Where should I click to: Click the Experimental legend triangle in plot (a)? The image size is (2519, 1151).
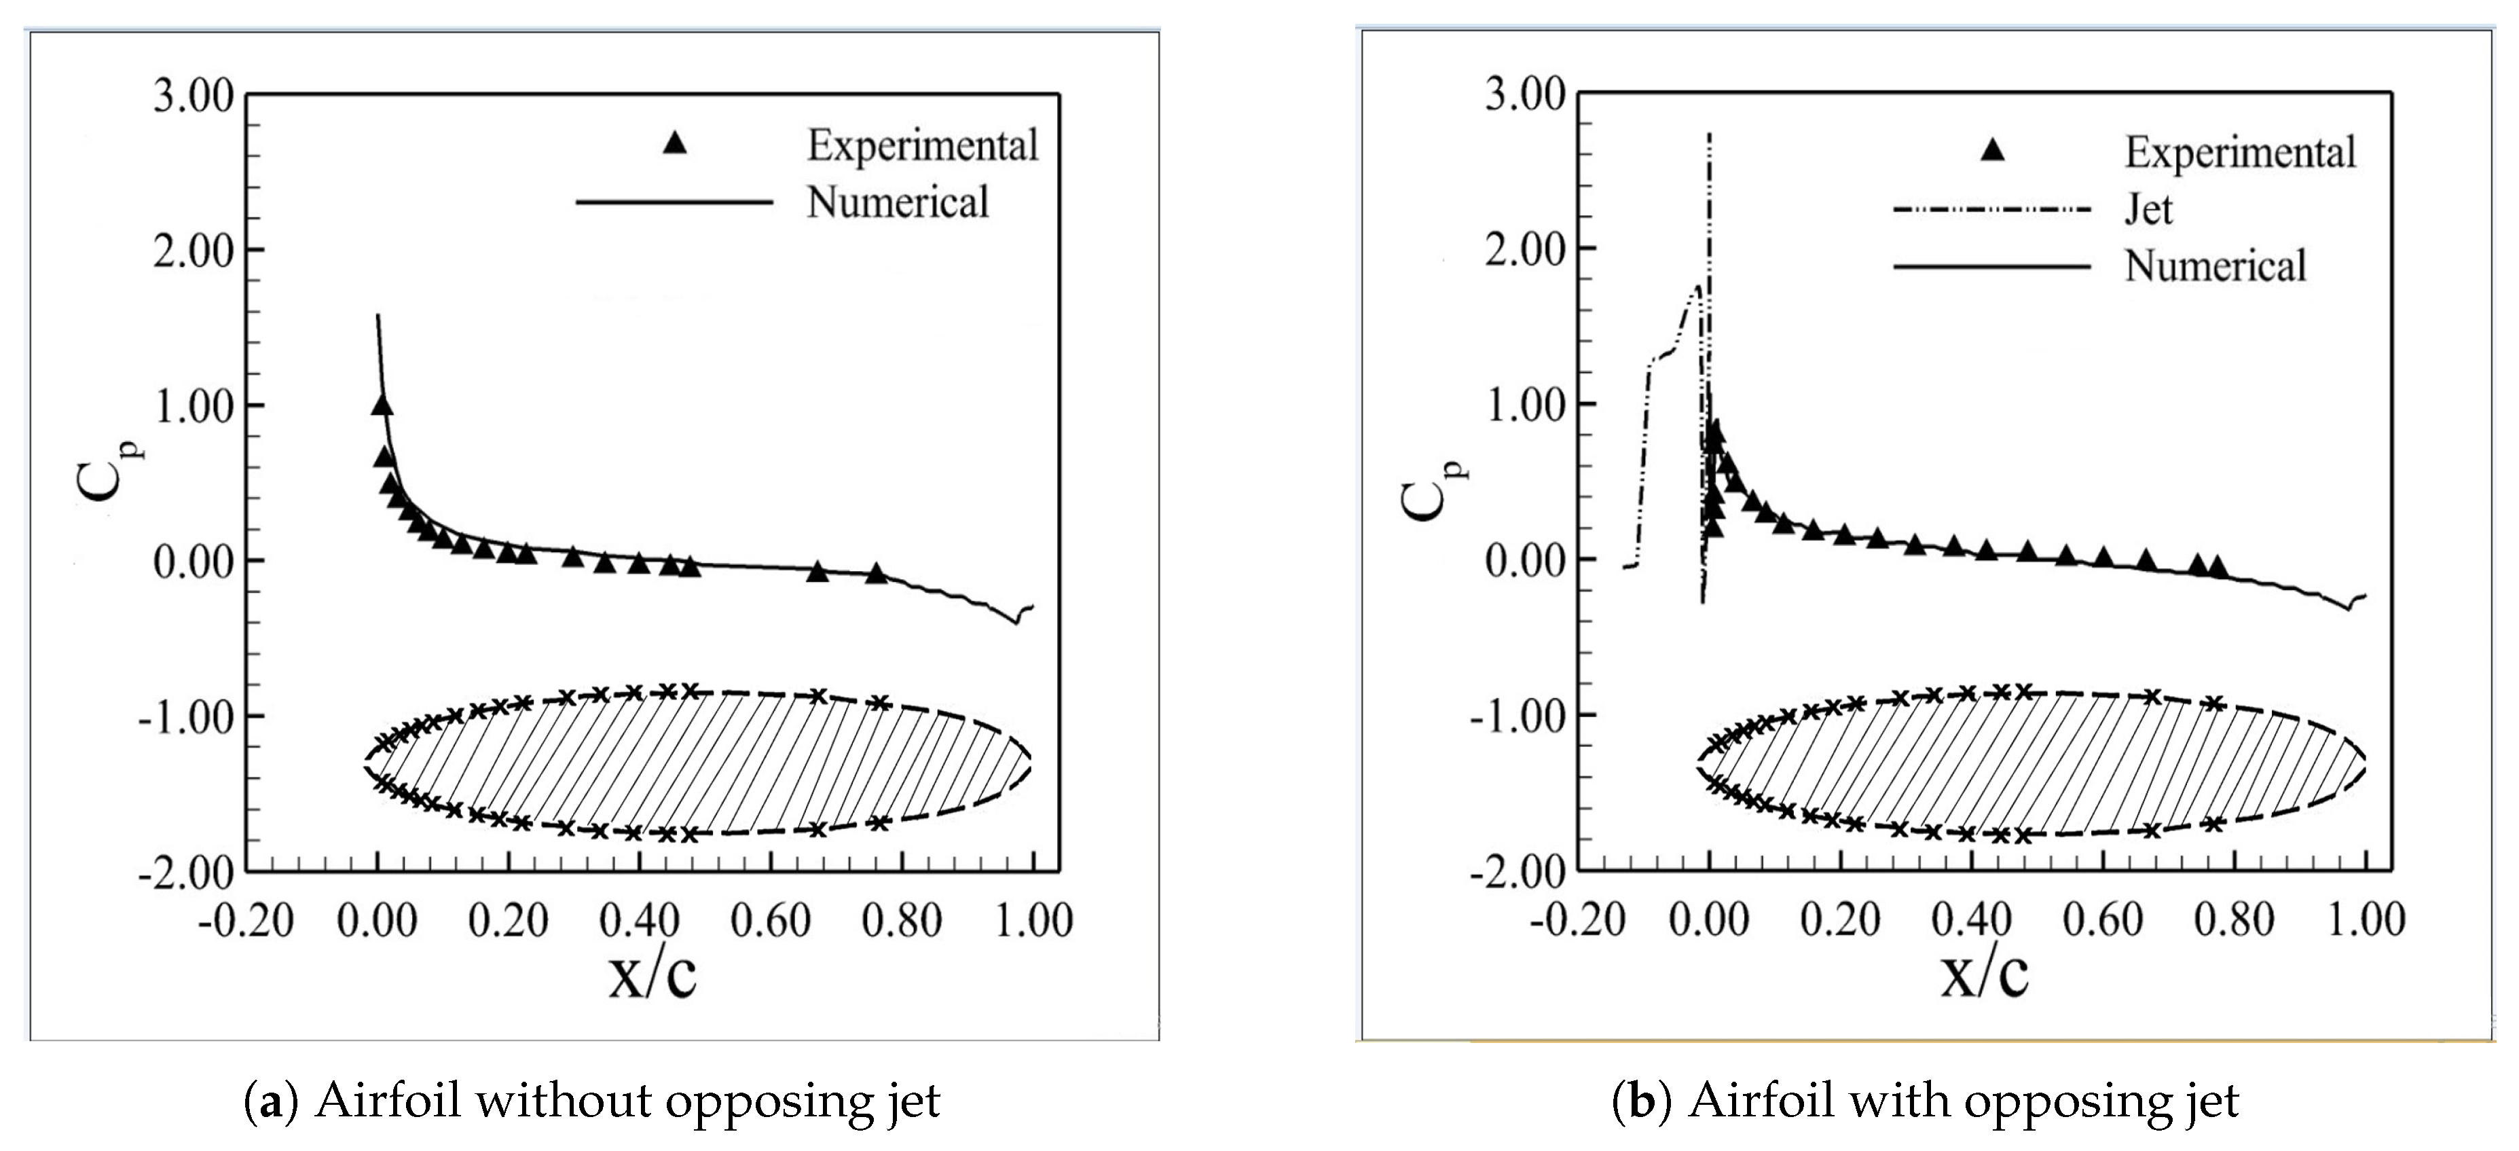tap(675, 144)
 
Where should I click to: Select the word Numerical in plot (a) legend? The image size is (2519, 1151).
tap(897, 202)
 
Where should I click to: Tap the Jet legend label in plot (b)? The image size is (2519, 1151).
tap(2148, 209)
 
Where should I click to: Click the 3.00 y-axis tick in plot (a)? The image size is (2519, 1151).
tap(193, 97)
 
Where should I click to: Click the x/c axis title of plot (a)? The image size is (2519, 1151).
tap(652, 975)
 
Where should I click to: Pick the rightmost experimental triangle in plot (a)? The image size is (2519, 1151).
tap(876, 573)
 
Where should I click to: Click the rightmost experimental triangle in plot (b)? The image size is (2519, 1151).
tap(2217, 566)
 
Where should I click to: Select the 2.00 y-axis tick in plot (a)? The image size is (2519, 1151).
tap(193, 251)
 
